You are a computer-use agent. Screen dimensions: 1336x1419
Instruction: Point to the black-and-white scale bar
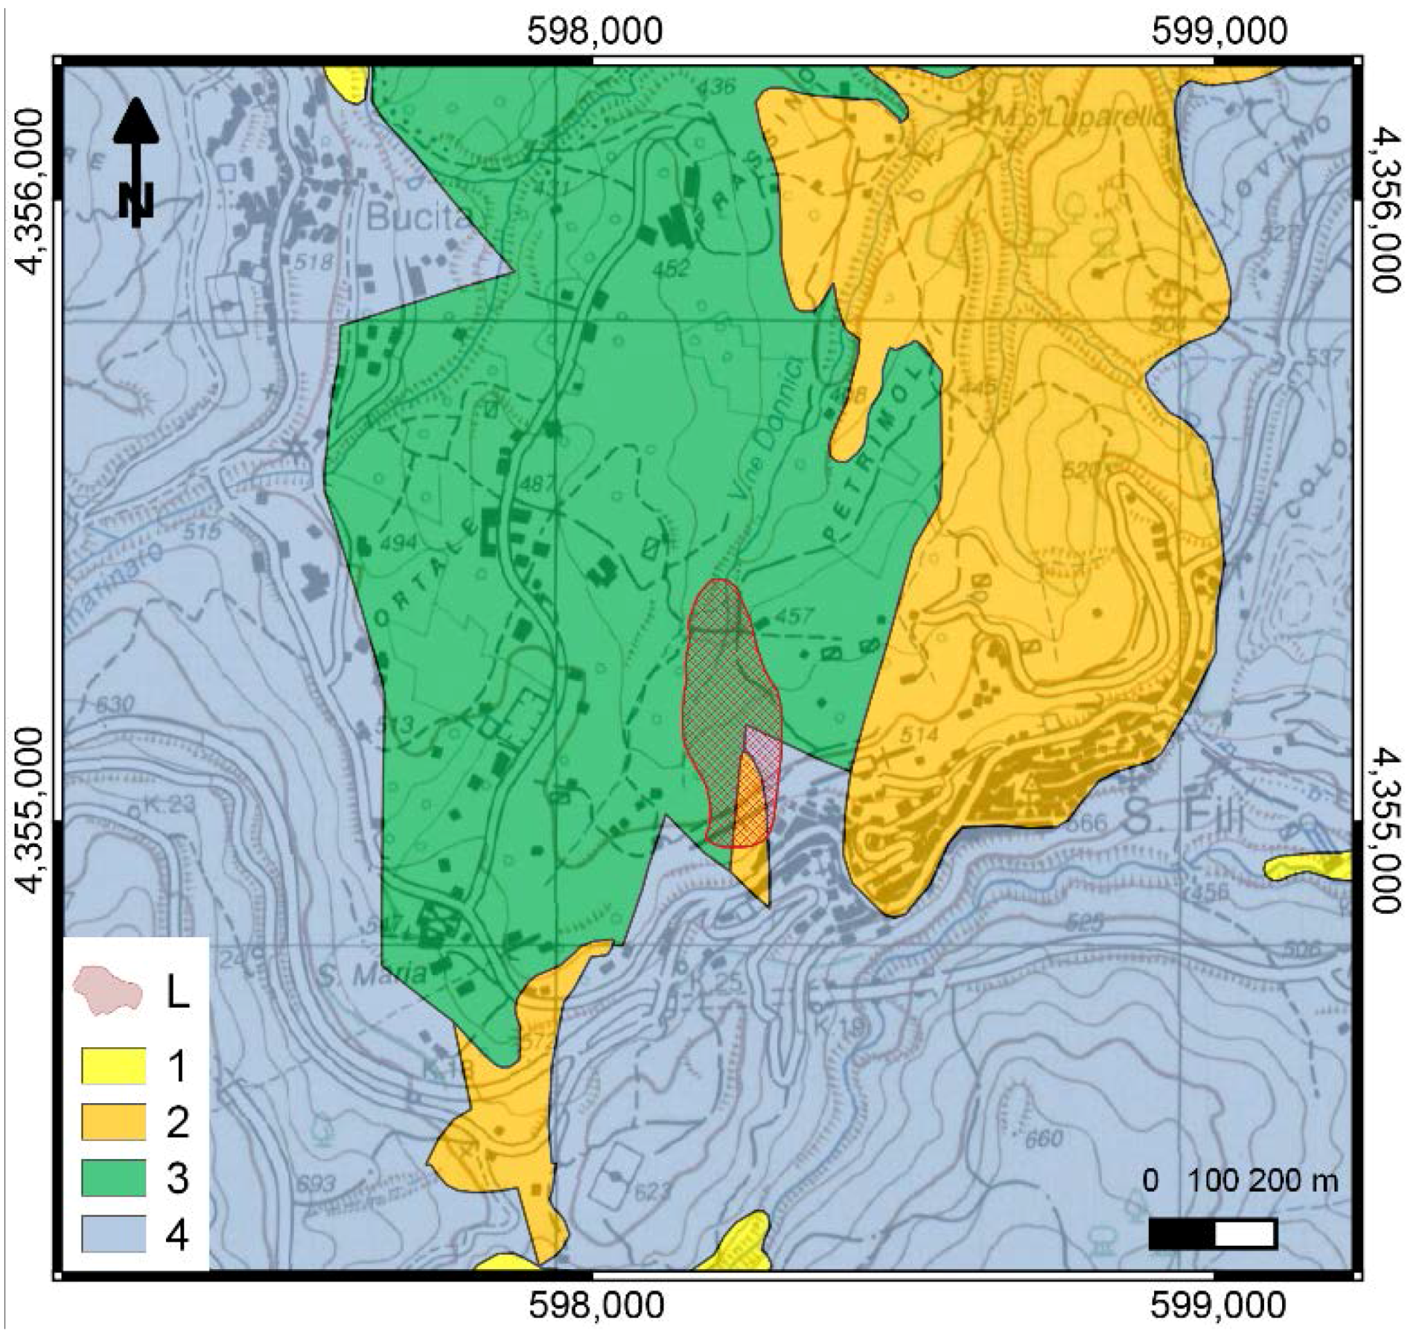point(1212,1234)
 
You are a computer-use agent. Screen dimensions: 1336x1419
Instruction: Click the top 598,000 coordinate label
point(595,31)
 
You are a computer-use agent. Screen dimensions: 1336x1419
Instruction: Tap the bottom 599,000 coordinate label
point(1219,1306)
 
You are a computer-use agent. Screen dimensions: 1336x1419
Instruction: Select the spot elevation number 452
point(670,269)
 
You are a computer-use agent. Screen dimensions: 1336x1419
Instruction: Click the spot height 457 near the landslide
point(792,616)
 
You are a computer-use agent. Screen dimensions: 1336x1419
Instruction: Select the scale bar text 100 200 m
point(1265,1180)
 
